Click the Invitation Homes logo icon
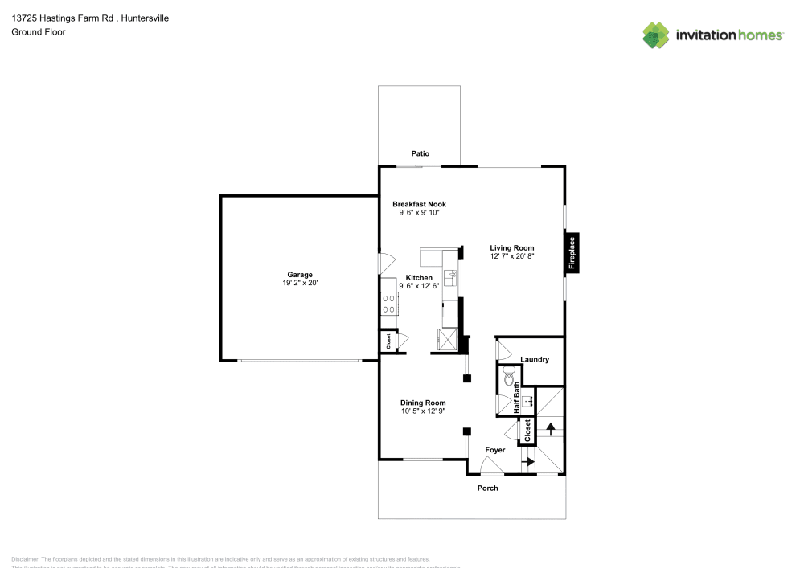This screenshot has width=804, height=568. [656, 34]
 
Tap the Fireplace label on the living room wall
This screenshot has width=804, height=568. [572, 251]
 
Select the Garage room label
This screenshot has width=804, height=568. [300, 275]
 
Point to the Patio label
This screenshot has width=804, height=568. [420, 153]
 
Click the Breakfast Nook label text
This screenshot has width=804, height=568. [419, 205]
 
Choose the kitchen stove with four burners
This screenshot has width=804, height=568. [389, 303]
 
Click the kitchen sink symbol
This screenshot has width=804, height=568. [453, 278]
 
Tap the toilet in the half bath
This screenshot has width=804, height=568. [509, 376]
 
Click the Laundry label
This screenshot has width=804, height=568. [535, 359]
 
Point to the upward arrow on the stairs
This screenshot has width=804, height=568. [551, 427]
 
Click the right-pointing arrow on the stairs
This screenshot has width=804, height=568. [528, 461]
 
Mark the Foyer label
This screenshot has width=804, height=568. [495, 450]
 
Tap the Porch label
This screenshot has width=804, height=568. [488, 488]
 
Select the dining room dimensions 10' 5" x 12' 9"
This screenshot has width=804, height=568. [423, 411]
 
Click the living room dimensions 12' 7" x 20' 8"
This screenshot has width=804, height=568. [512, 256]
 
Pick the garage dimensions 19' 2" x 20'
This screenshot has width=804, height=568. [300, 283]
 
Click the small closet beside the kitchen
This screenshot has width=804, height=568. [388, 341]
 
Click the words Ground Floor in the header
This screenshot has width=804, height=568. [39, 32]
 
